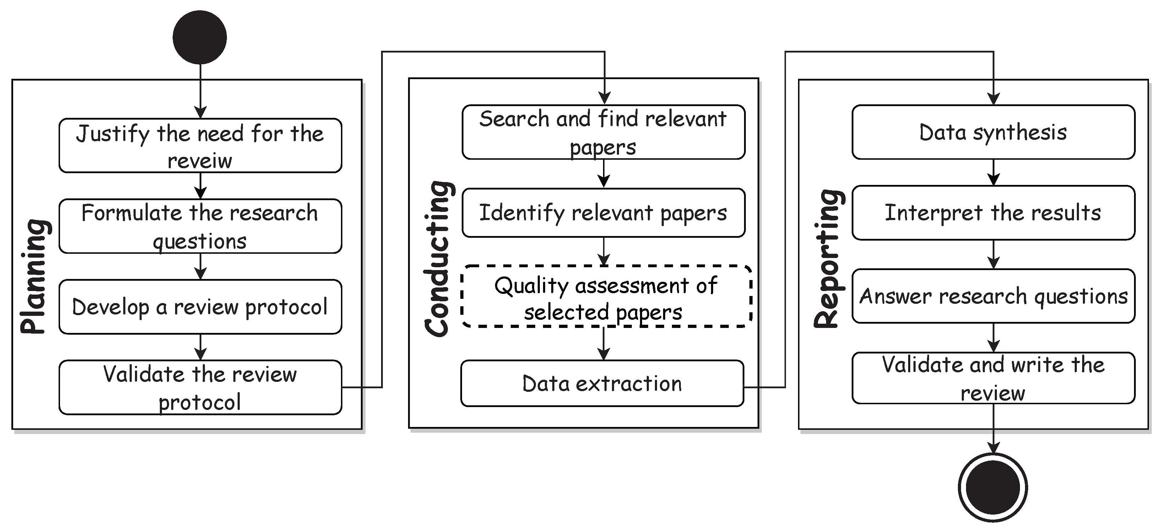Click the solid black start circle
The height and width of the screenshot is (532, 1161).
click(200, 37)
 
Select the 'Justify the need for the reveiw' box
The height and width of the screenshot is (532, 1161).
click(200, 146)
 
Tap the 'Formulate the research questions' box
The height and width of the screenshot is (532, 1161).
click(200, 226)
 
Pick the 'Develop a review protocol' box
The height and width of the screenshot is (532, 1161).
click(200, 307)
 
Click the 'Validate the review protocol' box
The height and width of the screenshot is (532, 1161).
click(200, 388)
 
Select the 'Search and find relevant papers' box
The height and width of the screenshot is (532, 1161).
click(603, 132)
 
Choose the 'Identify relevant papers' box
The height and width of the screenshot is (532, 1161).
click(603, 213)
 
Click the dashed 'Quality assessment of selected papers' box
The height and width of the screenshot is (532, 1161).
click(606, 296)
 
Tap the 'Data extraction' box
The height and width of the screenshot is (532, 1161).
click(602, 383)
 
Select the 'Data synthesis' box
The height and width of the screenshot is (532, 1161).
click(993, 132)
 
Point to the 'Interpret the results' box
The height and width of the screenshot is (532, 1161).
click(993, 213)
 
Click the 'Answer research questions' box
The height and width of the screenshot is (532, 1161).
click(993, 296)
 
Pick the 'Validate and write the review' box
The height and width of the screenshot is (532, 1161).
click(993, 378)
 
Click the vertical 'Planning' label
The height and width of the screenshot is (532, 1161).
click(35, 276)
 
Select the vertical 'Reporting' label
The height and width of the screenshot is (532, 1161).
click(828, 259)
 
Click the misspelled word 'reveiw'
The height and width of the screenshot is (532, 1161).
click(200, 161)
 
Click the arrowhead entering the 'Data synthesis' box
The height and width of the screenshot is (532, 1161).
click(993, 100)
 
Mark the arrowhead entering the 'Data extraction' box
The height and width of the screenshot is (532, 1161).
click(603, 354)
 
